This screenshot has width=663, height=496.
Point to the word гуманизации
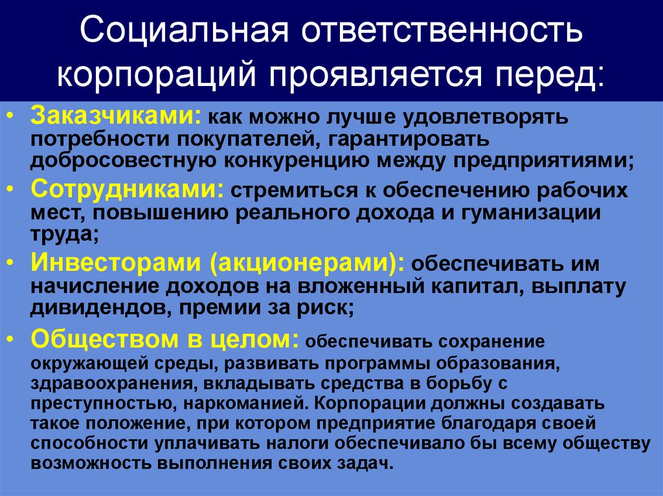click(x=526, y=213)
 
